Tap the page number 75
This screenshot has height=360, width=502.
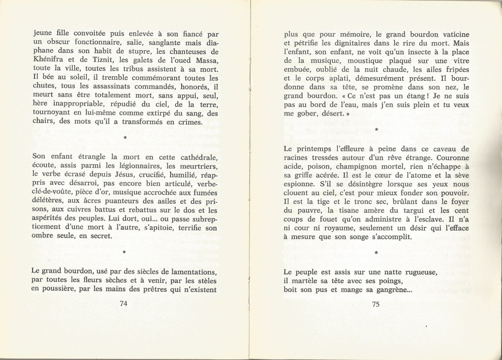(x=376, y=303)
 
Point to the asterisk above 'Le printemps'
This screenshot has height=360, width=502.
(x=376, y=131)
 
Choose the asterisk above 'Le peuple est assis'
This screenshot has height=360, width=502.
(x=376, y=254)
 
